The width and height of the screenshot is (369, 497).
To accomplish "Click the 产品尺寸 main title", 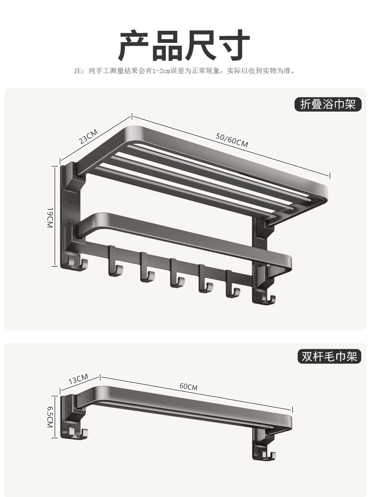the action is tap(184, 45).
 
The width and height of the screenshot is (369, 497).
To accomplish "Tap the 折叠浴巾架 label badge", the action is tap(328, 104).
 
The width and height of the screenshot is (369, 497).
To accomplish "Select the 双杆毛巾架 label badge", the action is tap(329, 357).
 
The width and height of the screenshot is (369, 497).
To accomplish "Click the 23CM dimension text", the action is tap(88, 136).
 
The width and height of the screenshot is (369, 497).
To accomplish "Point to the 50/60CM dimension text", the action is tap(232, 140).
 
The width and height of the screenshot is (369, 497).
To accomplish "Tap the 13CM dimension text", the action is tap(78, 380).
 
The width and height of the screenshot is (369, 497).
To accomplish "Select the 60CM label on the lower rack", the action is tap(188, 387).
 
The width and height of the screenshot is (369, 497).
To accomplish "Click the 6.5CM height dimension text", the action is tap(50, 416).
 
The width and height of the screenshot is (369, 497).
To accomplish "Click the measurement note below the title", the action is tap(184, 71).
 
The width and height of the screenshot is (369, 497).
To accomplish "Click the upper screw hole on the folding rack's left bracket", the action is tap(71, 200).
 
